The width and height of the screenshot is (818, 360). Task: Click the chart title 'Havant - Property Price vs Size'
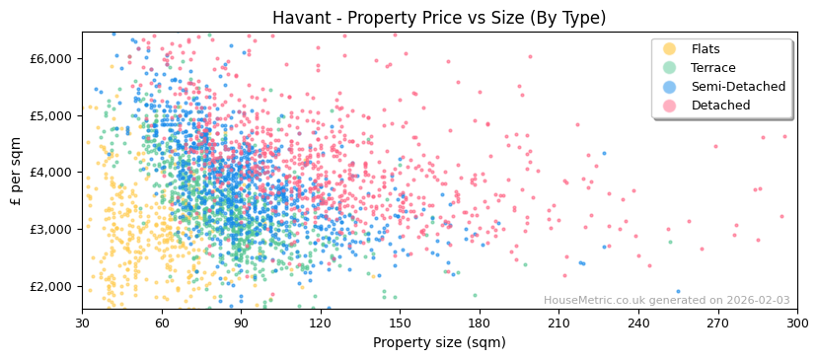click(x=439, y=18)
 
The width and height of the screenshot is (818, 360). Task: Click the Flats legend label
click(x=705, y=49)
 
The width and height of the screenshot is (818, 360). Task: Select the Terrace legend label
click(x=712, y=68)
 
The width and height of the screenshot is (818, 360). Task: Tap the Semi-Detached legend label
click(x=738, y=87)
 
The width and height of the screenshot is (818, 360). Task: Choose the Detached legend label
click(x=720, y=106)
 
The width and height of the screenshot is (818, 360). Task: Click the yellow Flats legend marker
click(x=669, y=49)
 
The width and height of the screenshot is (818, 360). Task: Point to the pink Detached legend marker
click(x=669, y=106)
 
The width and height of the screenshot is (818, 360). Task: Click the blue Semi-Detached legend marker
click(x=669, y=87)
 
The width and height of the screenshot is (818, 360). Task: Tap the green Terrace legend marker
click(x=669, y=68)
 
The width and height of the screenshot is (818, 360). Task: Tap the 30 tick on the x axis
click(x=82, y=324)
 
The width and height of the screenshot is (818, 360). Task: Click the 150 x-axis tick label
click(x=400, y=324)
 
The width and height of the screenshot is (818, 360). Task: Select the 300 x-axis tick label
click(x=796, y=324)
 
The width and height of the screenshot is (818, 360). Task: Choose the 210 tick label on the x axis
click(x=558, y=324)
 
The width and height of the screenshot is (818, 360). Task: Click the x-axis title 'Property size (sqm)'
click(x=439, y=343)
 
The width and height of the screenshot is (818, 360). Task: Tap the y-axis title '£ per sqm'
click(x=17, y=172)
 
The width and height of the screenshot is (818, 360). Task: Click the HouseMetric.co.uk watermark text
click(x=666, y=301)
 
